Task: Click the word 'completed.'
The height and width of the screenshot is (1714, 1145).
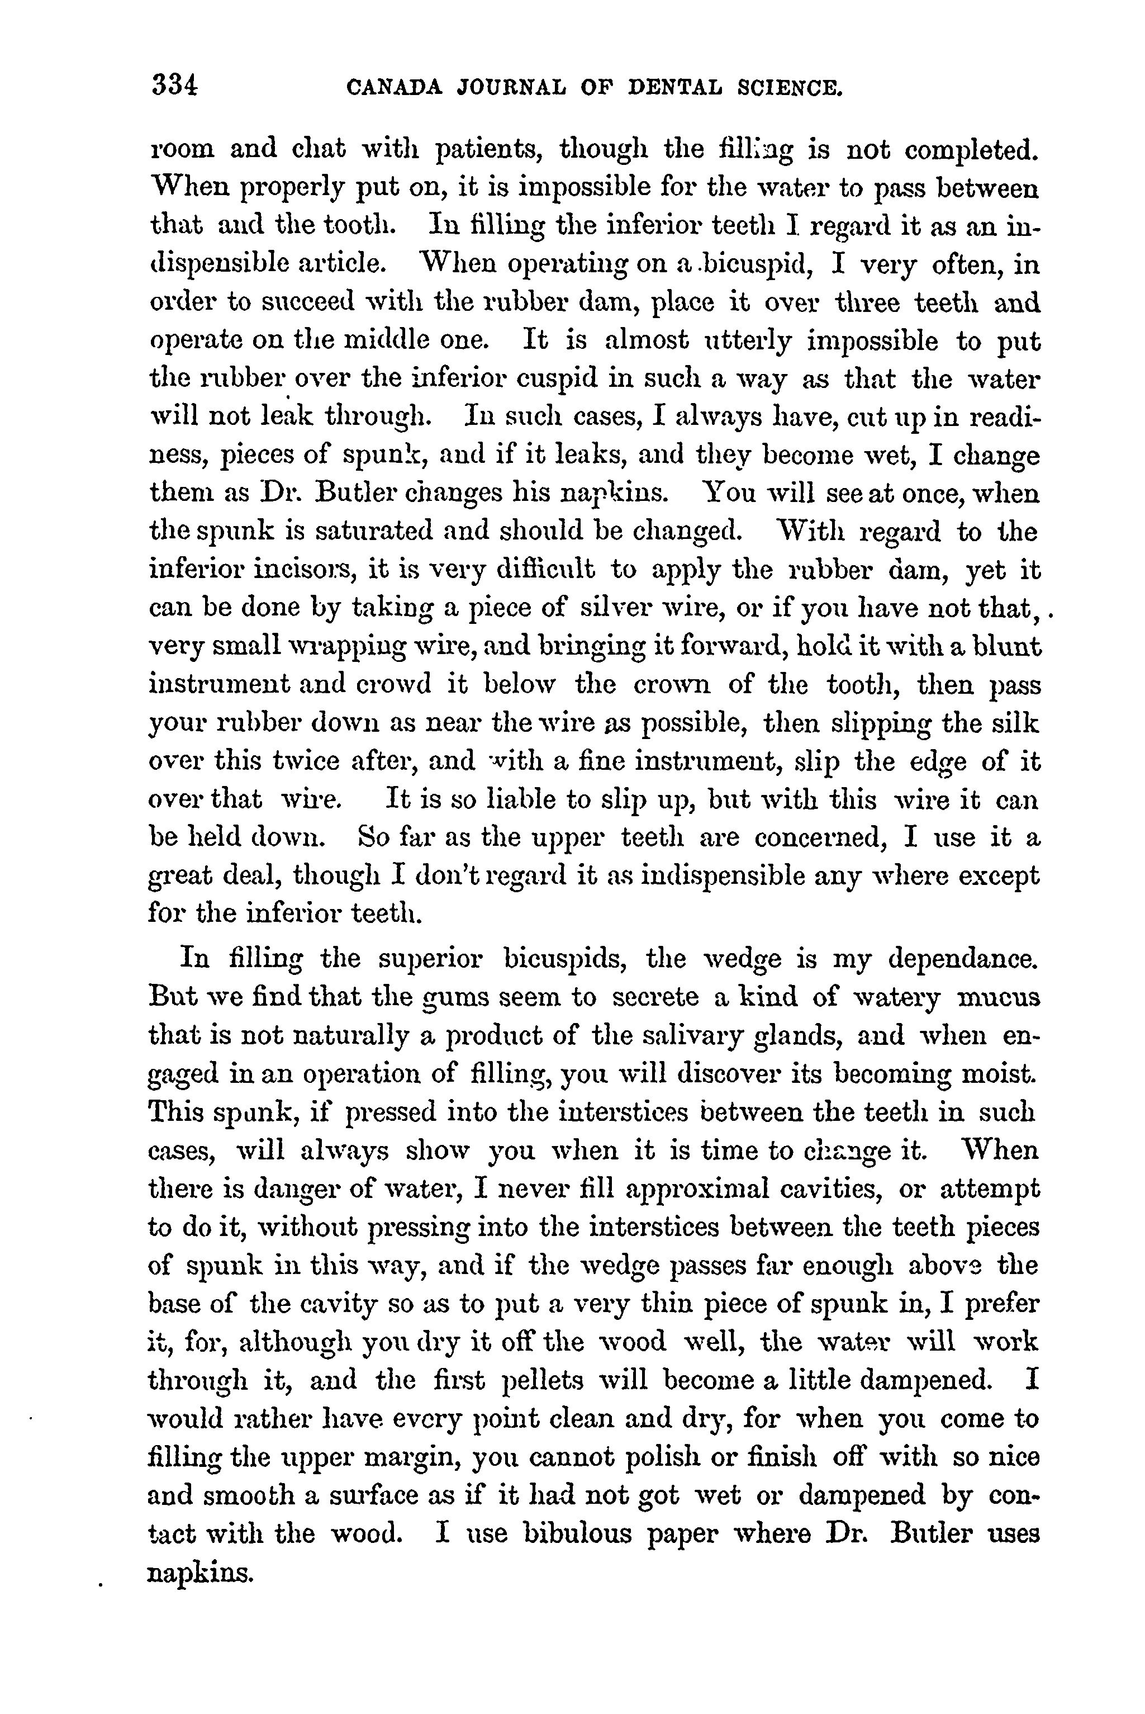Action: [x=971, y=150]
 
